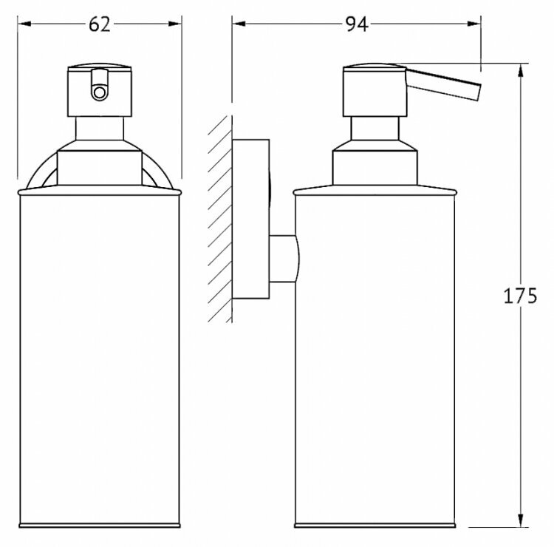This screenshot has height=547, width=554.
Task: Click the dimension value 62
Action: coord(100,24)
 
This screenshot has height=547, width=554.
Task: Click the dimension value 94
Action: coord(356,24)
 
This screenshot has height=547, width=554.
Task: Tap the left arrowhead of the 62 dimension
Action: coord(22,24)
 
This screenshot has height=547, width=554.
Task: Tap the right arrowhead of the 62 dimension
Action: coord(177,24)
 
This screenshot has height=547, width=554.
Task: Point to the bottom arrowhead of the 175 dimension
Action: coord(522,523)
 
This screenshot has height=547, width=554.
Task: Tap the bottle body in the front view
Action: coord(100,355)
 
